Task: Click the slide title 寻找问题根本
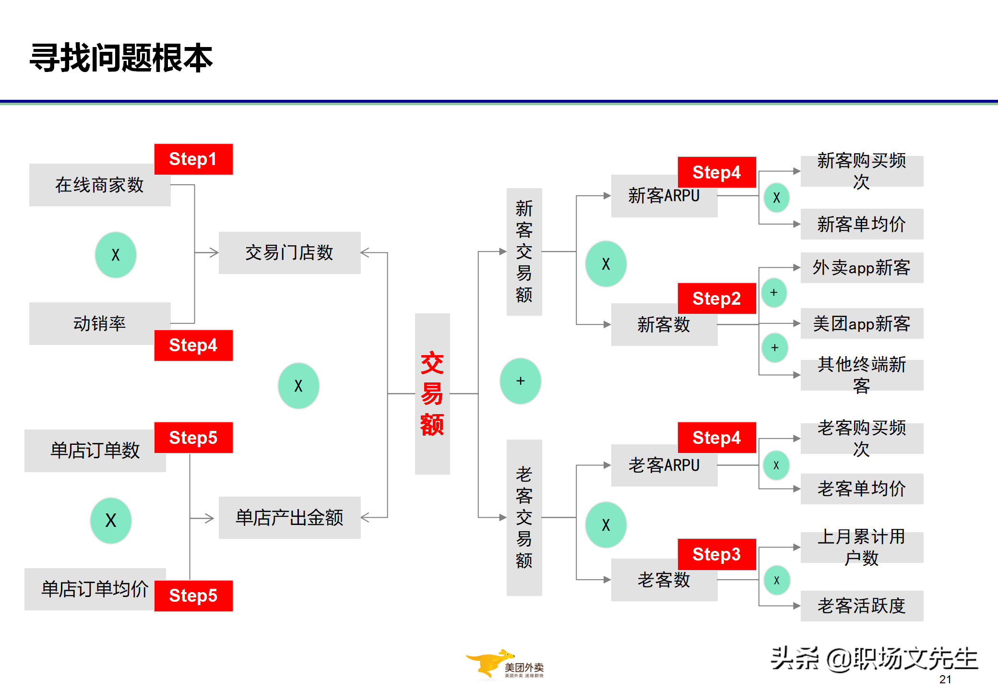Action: click(121, 58)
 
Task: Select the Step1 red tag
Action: click(193, 159)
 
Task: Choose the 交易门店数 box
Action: click(289, 253)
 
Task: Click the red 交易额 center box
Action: click(432, 394)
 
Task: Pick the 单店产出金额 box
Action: click(289, 518)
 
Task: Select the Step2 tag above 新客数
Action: click(716, 298)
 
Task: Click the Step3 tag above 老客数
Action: click(716, 554)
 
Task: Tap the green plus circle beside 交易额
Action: click(520, 381)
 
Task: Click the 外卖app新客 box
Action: click(861, 268)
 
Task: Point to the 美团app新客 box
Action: click(861, 324)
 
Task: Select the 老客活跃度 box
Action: click(861, 606)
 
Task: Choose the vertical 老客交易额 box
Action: click(524, 518)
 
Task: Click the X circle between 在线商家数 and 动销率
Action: click(116, 255)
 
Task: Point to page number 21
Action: click(945, 679)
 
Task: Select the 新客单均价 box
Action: click(861, 224)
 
